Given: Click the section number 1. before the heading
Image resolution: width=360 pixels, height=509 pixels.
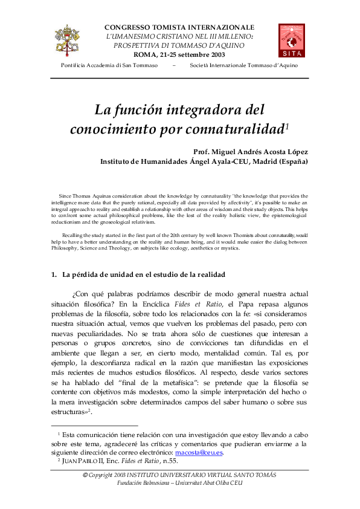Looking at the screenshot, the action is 54,275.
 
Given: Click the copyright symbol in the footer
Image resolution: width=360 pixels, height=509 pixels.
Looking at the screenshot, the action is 85,476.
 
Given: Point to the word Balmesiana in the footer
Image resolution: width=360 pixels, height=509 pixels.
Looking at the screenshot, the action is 150,485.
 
